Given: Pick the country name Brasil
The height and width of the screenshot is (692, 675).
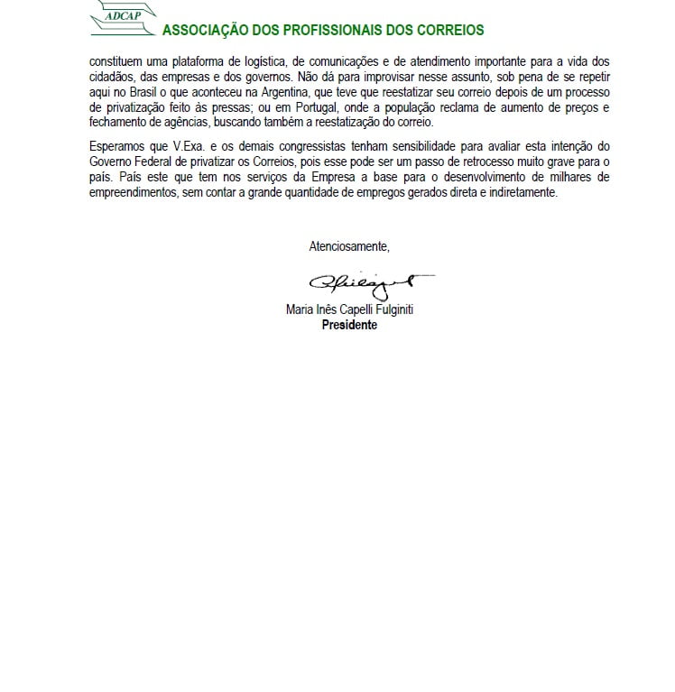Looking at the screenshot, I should [x=143, y=89].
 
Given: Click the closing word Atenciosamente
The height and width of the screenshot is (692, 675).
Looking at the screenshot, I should [x=349, y=245].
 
